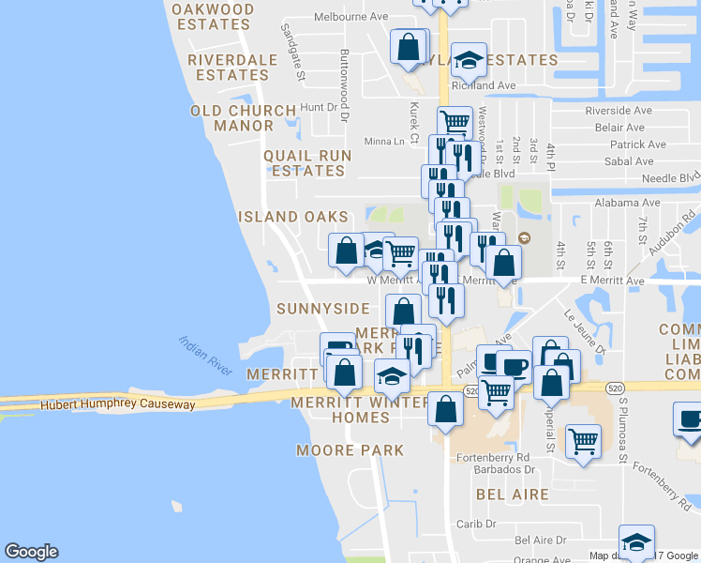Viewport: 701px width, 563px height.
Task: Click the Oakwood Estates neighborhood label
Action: [213, 17]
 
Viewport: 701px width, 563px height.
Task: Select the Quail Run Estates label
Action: [307, 163]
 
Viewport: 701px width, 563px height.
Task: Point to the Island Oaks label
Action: [292, 217]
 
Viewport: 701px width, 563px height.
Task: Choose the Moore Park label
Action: [350, 450]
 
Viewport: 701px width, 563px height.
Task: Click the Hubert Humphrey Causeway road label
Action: [117, 405]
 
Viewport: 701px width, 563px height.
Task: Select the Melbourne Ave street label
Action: [350, 17]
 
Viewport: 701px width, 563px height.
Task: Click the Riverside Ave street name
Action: [612, 111]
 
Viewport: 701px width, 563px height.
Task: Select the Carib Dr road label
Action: [476, 525]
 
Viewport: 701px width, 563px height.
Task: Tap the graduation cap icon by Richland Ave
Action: [469, 61]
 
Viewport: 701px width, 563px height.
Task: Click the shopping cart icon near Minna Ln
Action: [455, 122]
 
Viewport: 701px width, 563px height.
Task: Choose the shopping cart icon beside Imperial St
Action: [583, 440]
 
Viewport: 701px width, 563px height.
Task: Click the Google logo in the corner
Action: [31, 552]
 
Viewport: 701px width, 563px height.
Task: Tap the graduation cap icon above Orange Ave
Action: [636, 542]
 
